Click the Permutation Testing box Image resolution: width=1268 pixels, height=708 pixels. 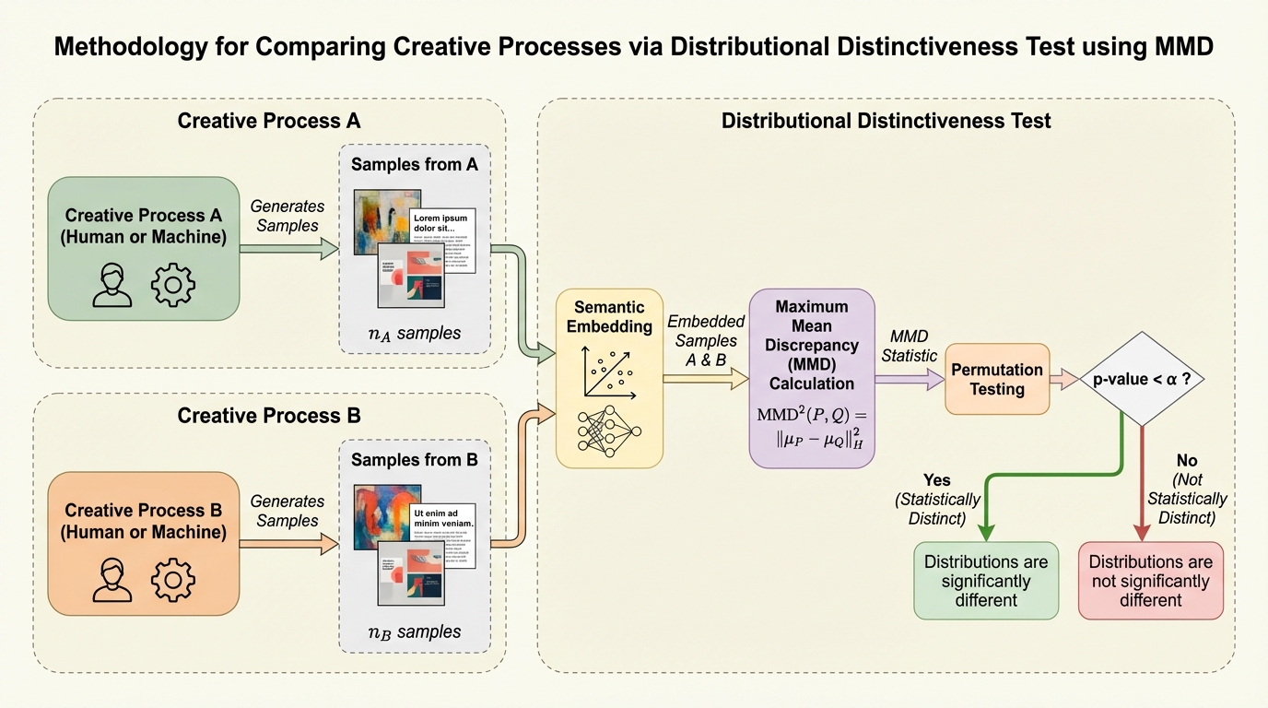(997, 379)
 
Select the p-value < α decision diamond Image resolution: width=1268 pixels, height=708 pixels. (1142, 379)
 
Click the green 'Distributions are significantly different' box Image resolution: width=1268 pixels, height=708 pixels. (986, 581)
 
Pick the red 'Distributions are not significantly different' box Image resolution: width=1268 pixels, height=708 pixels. (1150, 581)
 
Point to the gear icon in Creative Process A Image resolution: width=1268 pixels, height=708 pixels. (173, 285)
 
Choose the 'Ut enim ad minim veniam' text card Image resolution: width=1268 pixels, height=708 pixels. (442, 530)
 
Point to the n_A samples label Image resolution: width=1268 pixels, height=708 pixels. (414, 334)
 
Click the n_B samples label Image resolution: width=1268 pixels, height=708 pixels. (414, 632)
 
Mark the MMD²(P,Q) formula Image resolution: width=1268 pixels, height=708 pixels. (812, 428)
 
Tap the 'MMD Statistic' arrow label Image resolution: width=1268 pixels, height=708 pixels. (910, 346)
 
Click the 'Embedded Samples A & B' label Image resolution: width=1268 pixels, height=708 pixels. (706, 341)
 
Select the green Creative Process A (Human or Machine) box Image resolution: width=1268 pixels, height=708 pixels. (143, 249)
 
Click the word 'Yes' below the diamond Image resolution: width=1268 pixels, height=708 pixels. (936, 480)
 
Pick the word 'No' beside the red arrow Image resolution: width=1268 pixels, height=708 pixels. (1187, 461)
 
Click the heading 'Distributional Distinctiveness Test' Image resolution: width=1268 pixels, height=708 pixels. (886, 121)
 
